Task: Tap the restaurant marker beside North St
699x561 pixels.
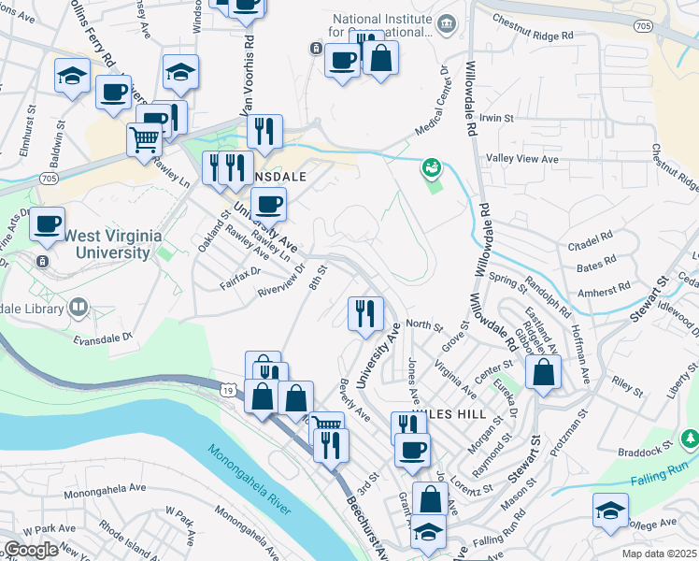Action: coord(365,313)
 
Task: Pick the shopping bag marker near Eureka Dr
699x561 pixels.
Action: coord(543,372)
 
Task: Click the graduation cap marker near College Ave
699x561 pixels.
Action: coord(609,511)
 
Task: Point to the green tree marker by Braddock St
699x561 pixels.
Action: coord(690,437)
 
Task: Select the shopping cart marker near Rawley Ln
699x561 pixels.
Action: coord(144,139)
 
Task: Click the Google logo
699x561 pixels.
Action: coord(31,550)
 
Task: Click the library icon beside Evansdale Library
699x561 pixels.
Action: coord(78,307)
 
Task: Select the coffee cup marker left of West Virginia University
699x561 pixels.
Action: coord(47,223)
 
